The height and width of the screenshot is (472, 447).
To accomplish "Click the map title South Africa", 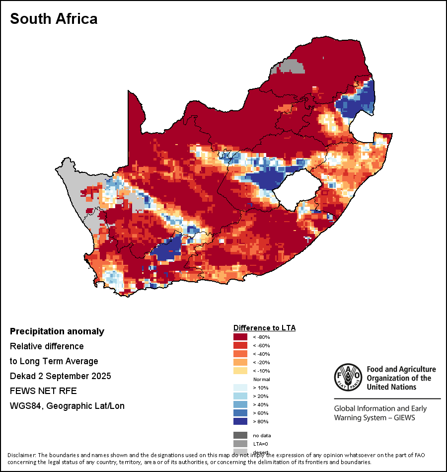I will point(54,19).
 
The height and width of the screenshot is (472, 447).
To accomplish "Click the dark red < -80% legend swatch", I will point(240,337).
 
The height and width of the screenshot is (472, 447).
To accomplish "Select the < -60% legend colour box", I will point(240,346).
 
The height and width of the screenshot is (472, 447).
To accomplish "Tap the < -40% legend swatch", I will point(240,354).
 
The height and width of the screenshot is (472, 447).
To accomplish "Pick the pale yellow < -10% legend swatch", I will point(240,371).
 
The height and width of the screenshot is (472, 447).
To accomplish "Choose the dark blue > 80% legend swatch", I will point(240,422).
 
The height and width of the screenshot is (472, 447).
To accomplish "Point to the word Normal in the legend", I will point(261,380).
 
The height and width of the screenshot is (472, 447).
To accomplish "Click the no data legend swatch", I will point(240,436).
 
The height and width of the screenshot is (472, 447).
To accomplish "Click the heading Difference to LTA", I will point(264,328).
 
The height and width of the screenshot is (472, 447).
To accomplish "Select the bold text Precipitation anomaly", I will point(57,331).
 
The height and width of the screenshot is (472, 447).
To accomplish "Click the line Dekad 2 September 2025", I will point(60,376).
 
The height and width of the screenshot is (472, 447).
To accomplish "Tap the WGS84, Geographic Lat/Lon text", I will point(67,406).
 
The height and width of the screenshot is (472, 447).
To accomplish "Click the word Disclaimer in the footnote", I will point(22,455).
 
